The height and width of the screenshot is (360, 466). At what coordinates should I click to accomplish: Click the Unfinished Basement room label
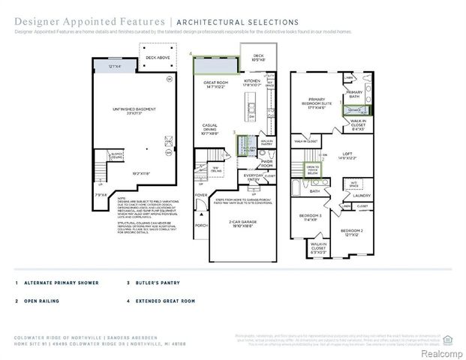click(x=135, y=111)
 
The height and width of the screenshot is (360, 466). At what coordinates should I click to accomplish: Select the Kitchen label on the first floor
click(x=252, y=82)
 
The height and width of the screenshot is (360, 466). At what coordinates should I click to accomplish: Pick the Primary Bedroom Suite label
click(x=316, y=104)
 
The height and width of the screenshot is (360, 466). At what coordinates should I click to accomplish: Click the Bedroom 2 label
click(x=350, y=231)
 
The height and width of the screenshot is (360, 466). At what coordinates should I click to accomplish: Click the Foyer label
click(x=200, y=196)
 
